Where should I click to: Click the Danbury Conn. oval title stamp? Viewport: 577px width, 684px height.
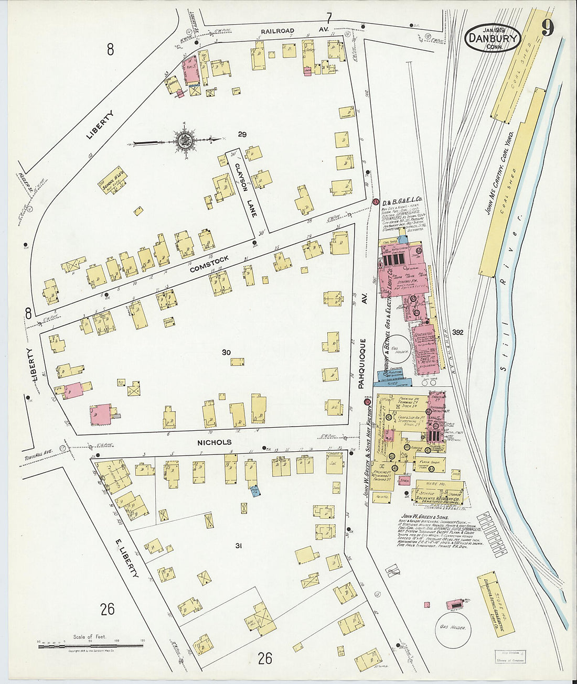tap(493, 38)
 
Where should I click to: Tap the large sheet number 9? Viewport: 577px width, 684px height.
tap(547, 28)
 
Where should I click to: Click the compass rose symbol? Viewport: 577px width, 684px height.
tap(184, 140)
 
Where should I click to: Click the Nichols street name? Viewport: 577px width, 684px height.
tap(214, 442)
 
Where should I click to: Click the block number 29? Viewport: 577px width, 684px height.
tap(242, 135)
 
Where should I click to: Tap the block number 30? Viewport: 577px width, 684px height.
tap(226, 352)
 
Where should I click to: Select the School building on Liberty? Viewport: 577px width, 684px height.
tap(114, 180)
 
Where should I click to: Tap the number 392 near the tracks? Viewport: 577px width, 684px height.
tap(458, 332)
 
